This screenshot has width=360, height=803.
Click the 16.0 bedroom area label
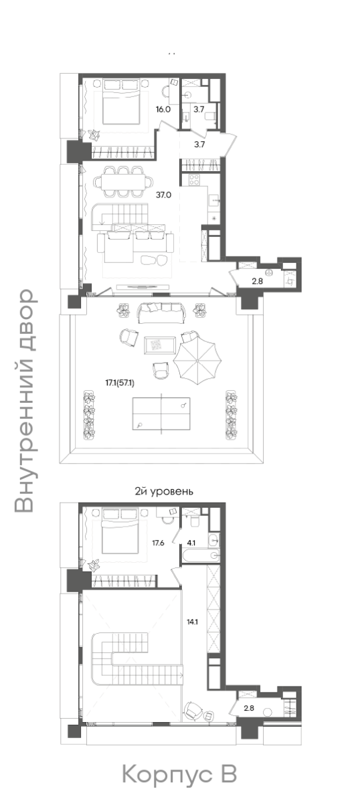tap(163, 110)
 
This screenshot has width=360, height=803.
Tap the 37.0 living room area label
tap(163, 195)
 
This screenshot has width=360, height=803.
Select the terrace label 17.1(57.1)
tap(120, 383)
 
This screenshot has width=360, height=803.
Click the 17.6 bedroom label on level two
tap(158, 543)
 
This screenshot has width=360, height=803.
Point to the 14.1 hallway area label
tap(192, 622)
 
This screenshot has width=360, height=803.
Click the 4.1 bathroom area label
tap(191, 543)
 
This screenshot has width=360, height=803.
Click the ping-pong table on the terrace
tap(161, 414)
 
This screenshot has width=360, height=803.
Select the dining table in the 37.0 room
tap(124, 181)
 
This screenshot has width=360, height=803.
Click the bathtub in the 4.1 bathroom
tap(199, 555)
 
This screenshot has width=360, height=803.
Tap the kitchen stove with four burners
tap(194, 179)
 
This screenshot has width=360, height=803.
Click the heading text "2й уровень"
tap(164, 491)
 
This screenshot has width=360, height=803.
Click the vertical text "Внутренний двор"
tap(25, 401)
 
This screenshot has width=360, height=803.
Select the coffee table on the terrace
tap(159, 345)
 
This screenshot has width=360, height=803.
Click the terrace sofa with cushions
tap(161, 313)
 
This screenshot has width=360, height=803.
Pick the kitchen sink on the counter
tap(213, 199)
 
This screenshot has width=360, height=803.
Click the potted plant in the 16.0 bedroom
tap(94, 135)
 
